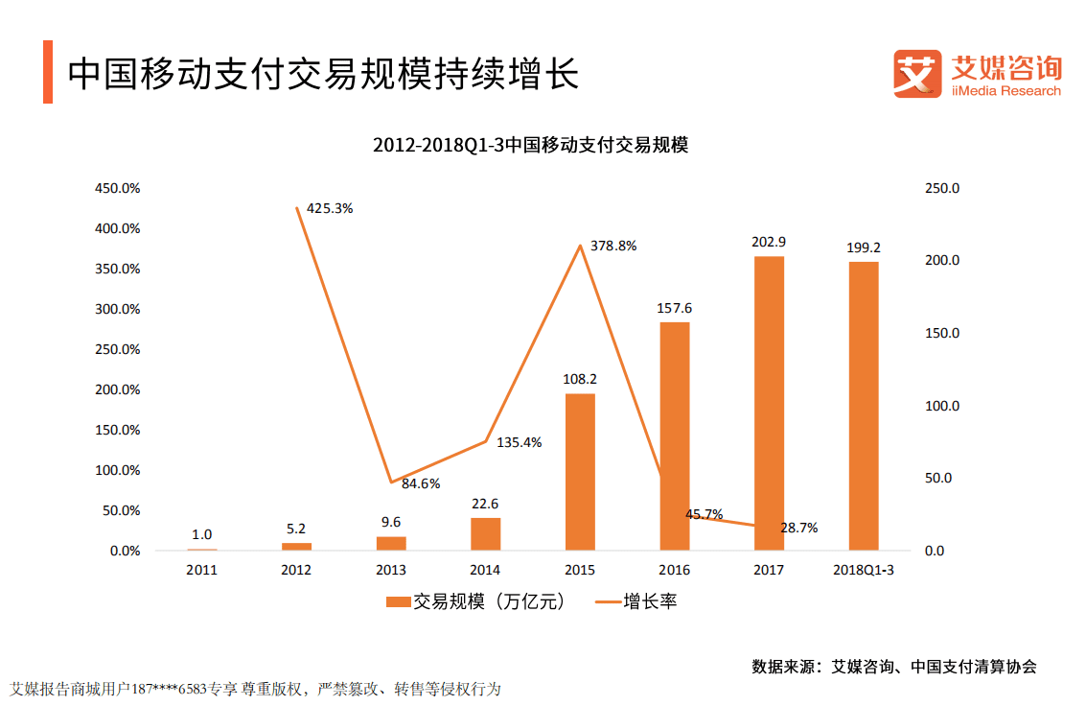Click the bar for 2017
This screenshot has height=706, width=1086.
coord(769,403)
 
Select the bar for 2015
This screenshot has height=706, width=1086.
coord(579,472)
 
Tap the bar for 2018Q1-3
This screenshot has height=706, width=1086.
coord(863,406)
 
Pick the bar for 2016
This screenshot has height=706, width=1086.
coord(674,436)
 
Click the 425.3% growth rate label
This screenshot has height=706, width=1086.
coord(331,208)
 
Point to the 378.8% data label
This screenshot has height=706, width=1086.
coord(614,246)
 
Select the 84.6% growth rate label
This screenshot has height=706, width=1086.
coord(420,483)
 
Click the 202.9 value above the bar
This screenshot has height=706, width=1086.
coord(769,242)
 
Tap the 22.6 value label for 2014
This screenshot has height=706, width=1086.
coord(485,504)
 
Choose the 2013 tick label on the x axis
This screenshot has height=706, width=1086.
coord(390,570)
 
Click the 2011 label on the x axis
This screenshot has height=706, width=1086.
coord(201,570)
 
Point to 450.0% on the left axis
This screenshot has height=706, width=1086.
coord(117,188)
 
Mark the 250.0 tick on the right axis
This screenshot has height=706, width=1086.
coord(941,188)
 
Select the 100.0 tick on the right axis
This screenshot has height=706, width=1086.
coord(941,406)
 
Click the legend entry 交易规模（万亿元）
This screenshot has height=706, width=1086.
coord(474,602)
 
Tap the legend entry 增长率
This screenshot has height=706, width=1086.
coord(636,602)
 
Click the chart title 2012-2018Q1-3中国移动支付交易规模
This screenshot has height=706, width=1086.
coord(531,146)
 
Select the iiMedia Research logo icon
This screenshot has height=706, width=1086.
coord(915,74)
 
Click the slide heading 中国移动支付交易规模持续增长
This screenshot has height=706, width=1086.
coord(323,74)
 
